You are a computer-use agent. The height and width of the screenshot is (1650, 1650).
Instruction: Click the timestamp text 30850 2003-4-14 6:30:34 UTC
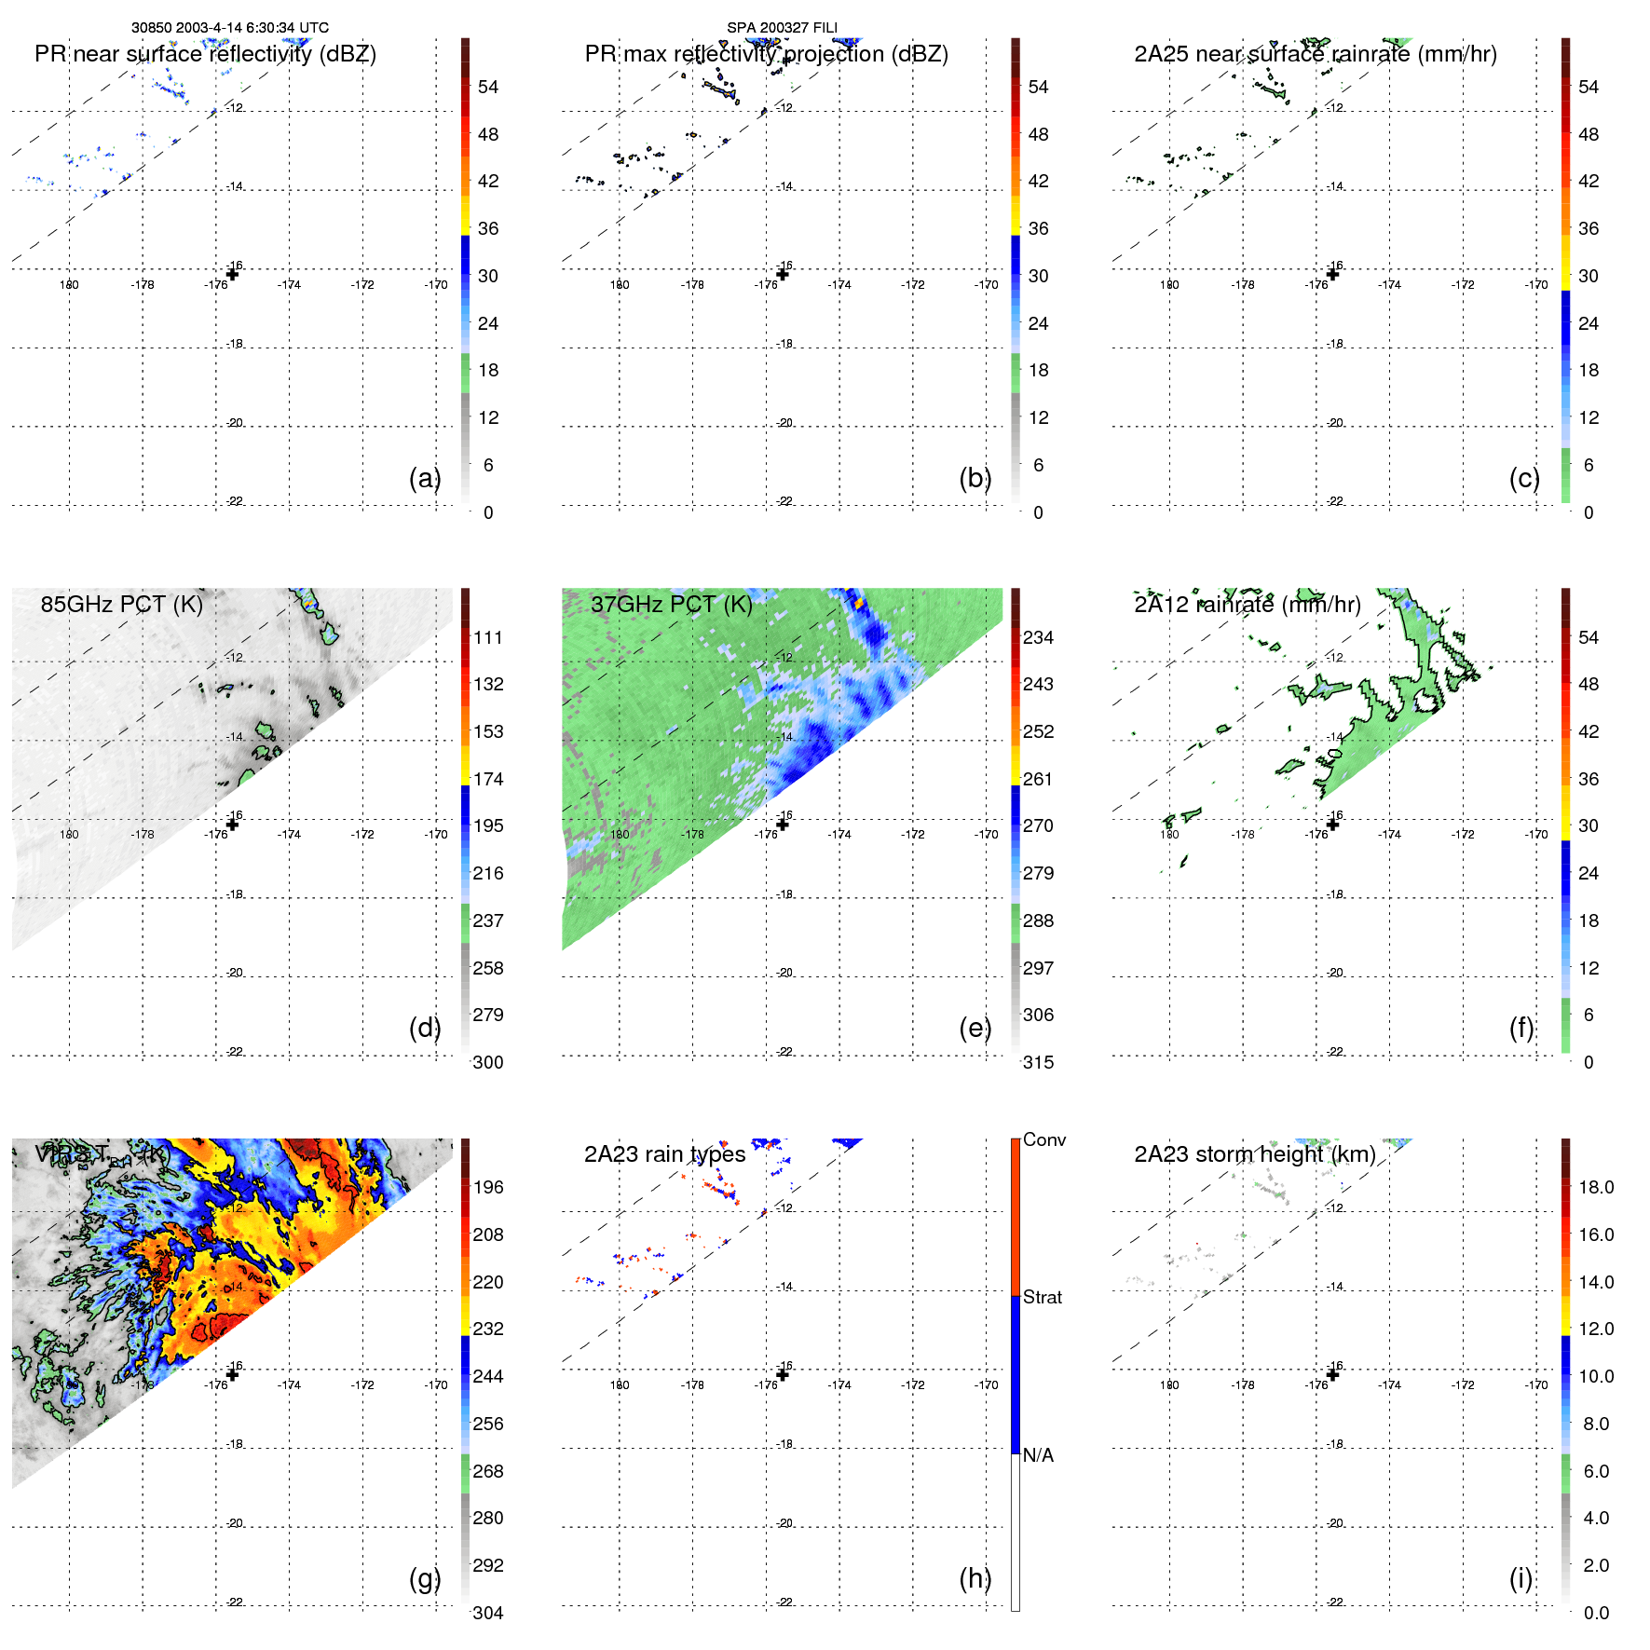point(229,28)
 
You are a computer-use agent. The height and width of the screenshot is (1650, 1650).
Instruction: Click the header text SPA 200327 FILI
point(782,28)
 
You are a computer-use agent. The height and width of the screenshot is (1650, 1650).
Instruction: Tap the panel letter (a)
point(425,478)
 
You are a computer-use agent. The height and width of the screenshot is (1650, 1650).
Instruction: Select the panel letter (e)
point(975,1028)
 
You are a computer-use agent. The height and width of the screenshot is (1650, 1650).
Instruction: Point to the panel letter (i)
point(1520,1578)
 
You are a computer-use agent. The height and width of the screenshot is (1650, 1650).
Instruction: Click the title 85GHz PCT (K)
point(121,605)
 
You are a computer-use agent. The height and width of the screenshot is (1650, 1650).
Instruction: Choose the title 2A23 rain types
point(664,1154)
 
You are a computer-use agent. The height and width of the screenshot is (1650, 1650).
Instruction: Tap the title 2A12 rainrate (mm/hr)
point(1247,605)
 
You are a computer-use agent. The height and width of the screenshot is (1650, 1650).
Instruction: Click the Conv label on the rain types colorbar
point(1043,1139)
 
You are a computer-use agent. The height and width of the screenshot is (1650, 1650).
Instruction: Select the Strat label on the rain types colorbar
point(1042,1297)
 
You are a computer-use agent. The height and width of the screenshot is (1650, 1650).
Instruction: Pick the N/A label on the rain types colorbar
point(1038,1455)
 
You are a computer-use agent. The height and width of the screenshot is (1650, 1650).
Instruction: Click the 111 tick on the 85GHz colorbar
point(488,637)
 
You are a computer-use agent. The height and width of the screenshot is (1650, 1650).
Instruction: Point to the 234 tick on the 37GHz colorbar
point(1038,637)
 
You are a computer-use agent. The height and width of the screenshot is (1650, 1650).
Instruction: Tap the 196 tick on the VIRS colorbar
point(488,1187)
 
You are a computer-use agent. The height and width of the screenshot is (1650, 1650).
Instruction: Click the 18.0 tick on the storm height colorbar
point(1595,1187)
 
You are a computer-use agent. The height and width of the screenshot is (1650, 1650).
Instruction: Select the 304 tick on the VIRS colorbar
point(488,1613)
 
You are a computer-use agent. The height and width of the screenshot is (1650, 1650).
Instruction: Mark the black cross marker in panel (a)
point(233,274)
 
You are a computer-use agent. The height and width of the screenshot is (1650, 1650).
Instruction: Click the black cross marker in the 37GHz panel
point(783,825)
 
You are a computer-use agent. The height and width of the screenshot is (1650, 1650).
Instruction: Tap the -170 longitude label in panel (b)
point(987,285)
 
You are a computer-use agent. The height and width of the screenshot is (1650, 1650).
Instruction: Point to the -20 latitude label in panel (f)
point(1335,973)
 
